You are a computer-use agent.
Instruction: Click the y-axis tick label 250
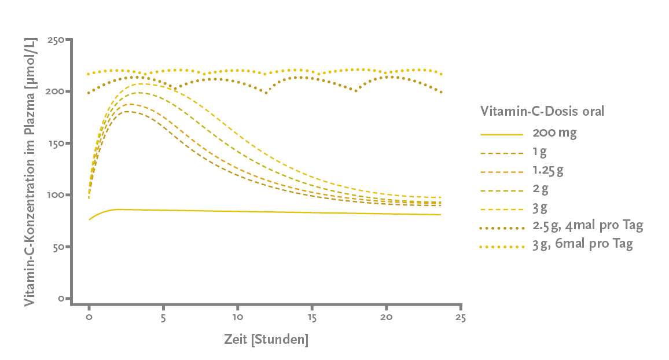56,40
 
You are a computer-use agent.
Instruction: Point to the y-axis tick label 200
56,91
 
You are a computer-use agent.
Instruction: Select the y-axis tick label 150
56,144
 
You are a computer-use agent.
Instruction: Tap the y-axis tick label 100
56,195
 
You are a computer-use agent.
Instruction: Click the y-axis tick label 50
58,247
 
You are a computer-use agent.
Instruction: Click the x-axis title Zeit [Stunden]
266,340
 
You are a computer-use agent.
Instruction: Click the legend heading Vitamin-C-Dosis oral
542,111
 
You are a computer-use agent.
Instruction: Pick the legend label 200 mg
554,133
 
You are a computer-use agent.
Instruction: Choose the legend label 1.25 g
547,171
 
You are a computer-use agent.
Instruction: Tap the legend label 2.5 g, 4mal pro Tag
587,225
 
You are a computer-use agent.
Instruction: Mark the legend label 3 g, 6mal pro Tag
582,244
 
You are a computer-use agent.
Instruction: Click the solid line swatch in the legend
502,134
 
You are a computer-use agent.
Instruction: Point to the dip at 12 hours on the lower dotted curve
266,93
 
